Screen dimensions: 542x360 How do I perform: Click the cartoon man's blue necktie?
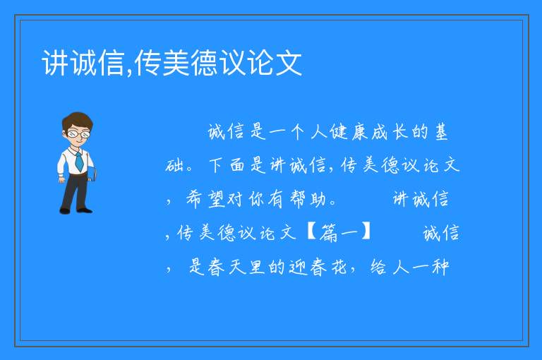(79, 161)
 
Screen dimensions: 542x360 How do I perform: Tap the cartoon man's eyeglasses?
(79, 133)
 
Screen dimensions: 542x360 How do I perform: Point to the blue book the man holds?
(92, 174)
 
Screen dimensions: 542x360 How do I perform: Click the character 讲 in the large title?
(55, 63)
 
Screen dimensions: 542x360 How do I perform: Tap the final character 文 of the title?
(289, 63)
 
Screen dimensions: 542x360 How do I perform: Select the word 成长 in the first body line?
(390, 132)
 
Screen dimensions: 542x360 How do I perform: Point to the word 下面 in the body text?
(227, 165)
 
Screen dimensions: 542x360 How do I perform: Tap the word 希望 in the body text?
(205, 199)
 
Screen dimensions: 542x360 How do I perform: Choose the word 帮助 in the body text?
(307, 199)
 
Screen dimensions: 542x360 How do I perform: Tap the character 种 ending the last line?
(440, 267)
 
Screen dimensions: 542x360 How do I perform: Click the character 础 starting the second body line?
(174, 165)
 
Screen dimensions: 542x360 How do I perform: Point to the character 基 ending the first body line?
(441, 132)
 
